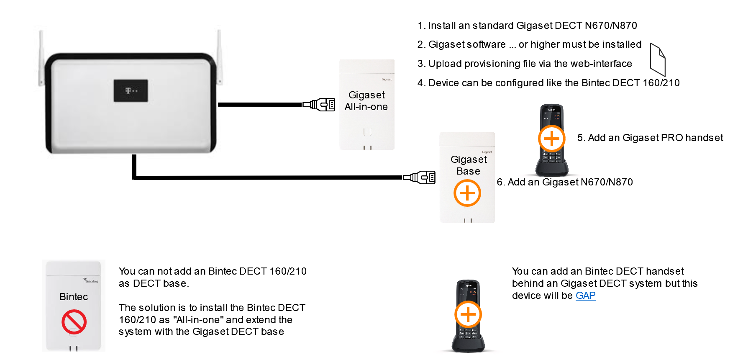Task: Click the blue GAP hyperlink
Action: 585,296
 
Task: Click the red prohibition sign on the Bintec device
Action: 74,321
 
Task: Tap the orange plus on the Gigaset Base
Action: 467,193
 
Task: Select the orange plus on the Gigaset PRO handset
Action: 551,139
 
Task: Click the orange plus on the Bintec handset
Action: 468,314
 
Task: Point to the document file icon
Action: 657,59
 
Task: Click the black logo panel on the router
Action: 131,90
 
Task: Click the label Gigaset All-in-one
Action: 366,101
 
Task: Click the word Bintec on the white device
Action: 74,297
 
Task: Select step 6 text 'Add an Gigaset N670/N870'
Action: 565,182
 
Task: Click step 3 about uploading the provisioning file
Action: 525,64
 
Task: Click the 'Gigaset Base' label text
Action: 469,165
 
